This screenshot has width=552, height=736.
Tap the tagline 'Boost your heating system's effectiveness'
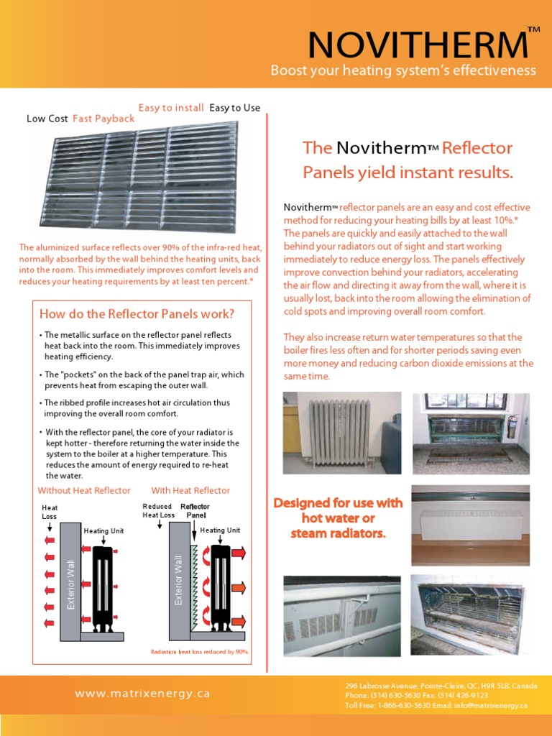tap(403, 70)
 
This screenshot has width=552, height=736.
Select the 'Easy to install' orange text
tap(171, 108)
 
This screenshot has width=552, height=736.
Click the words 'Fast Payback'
tap(103, 119)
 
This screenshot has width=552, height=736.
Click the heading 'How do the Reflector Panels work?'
tap(137, 314)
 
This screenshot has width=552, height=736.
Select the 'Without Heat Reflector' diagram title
tap(84, 490)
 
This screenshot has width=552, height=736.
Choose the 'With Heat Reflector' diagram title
tap(190, 490)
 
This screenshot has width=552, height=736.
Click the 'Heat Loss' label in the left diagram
tap(50, 512)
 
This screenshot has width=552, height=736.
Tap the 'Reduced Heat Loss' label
tap(158, 510)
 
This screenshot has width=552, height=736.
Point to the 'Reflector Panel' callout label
tap(195, 510)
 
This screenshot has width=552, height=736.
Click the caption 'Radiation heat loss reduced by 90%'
tap(199, 652)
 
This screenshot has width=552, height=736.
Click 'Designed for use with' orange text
tap(338, 503)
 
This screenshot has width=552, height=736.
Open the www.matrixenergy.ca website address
tap(142, 694)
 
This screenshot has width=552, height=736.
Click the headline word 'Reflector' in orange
tap(477, 148)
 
